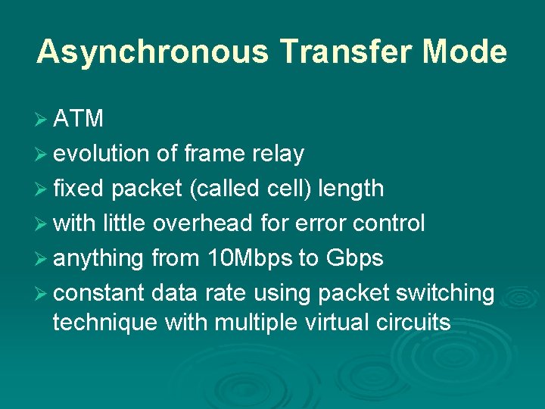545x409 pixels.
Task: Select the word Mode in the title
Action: click(x=465, y=52)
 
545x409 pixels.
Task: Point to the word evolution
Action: click(x=101, y=154)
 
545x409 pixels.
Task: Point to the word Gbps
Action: click(x=354, y=258)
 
